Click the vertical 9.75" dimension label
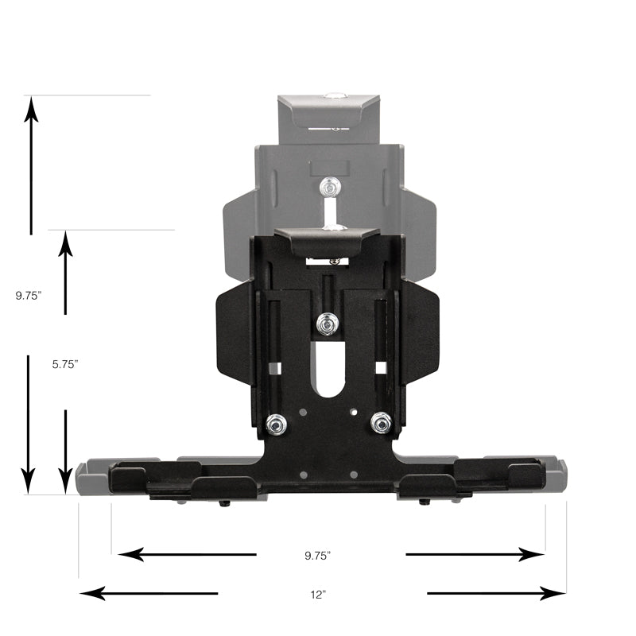(x=28, y=295)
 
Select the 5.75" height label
(x=65, y=363)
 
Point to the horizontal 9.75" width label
(x=317, y=555)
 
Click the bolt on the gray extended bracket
(x=328, y=188)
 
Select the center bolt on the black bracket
(x=327, y=324)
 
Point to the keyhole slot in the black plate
(x=327, y=374)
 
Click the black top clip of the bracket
(x=327, y=238)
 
